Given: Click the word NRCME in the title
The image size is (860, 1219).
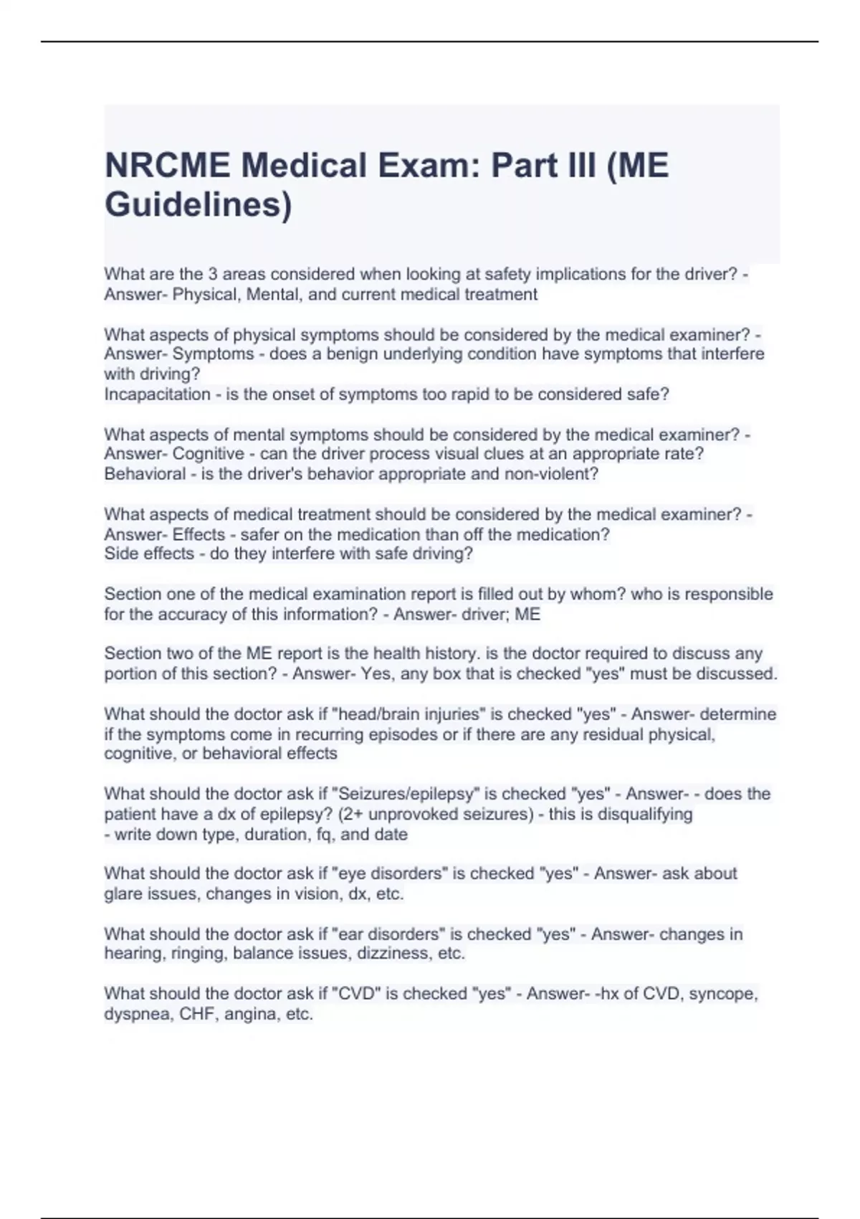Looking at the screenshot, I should pyautogui.click(x=167, y=166).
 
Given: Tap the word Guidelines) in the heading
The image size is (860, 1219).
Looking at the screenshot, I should pyautogui.click(x=199, y=204).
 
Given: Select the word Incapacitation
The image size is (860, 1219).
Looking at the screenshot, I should pyautogui.click(x=157, y=394).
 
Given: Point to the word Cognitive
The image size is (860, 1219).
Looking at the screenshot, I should pyautogui.click(x=209, y=454).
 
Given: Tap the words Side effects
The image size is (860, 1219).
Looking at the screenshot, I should pyautogui.click(x=149, y=554).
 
